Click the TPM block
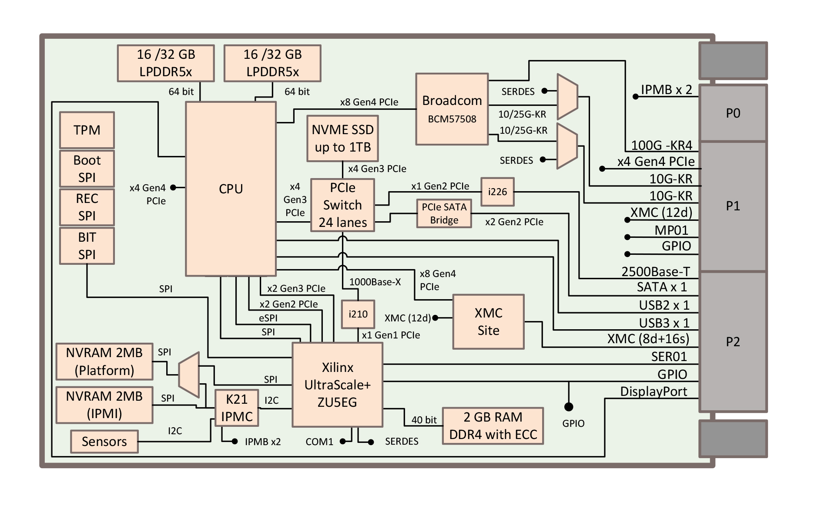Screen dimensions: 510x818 pos(87,130)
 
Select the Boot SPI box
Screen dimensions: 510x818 pos(87,169)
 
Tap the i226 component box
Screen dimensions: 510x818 pos(497,192)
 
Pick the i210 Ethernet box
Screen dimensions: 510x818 pos(358,314)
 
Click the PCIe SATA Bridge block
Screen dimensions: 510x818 pos(444,213)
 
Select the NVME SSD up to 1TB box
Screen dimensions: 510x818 pos(342,138)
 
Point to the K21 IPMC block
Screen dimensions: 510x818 pos(237,408)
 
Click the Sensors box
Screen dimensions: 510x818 pos(104,442)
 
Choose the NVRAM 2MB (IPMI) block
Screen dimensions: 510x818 pos(104,405)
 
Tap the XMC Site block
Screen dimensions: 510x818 pos(488,322)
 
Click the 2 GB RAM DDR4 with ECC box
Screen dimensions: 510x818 pos(493,426)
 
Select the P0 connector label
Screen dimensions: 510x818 pos(733,113)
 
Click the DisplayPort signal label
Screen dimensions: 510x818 pos(654,392)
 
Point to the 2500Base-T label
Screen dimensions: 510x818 pos(655,272)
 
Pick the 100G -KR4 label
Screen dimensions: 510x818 pos(661,145)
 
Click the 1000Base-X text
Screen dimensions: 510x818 pos(375,282)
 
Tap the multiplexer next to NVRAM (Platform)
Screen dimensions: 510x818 pos(189,375)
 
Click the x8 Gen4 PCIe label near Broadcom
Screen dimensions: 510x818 pos(369,102)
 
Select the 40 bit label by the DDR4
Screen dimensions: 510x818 pos(424,420)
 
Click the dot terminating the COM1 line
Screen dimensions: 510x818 pos(343,442)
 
